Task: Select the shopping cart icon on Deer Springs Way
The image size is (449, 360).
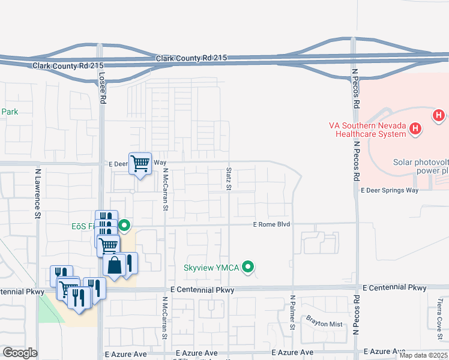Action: pyautogui.click(x=140, y=163)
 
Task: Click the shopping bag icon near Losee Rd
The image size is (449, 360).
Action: pyautogui.click(x=114, y=265)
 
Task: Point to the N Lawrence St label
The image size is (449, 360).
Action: pyautogui.click(x=37, y=193)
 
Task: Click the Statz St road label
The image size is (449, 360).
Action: pyautogui.click(x=229, y=179)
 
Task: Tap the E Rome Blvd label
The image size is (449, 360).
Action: pyautogui.click(x=271, y=224)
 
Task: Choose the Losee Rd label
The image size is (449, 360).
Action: pyautogui.click(x=101, y=86)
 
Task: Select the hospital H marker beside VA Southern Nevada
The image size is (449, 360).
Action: pyautogui.click(x=415, y=128)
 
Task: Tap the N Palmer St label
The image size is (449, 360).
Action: pyautogui.click(x=293, y=313)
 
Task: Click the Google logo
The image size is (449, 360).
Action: pyautogui.click(x=20, y=352)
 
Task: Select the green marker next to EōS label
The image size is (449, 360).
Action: pyautogui.click(x=124, y=226)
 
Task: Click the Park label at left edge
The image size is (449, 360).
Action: pyautogui.click(x=10, y=112)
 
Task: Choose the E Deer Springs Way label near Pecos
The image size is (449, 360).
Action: pyautogui.click(x=389, y=190)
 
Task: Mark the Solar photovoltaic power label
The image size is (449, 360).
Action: pyautogui.click(x=420, y=166)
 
